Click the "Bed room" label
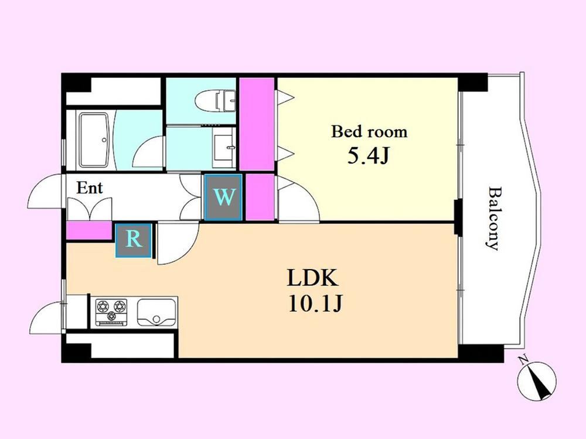click(x=369, y=132)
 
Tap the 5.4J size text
click(x=369, y=156)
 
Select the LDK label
click(x=313, y=277)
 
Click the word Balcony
click(x=493, y=218)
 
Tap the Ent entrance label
click(x=89, y=188)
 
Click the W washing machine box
click(x=223, y=197)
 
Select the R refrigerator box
click(x=134, y=240)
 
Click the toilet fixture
click(x=215, y=101)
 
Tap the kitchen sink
click(x=157, y=312)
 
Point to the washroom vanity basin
click(x=224, y=147)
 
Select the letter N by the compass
click(x=523, y=360)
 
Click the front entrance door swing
click(x=46, y=192)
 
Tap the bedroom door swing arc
click(x=299, y=200)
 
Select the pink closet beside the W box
click(x=260, y=197)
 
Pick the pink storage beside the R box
click(x=89, y=230)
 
